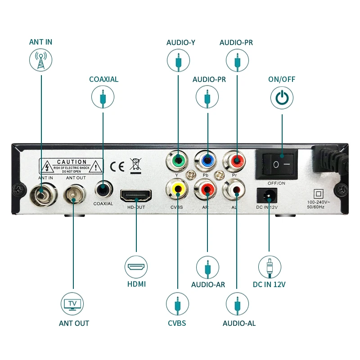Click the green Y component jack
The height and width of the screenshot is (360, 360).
(178, 159)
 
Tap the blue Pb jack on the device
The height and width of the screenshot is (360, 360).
(207, 159)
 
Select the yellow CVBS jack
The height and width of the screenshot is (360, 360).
(178, 189)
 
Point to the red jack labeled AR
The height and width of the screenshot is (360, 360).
(207, 189)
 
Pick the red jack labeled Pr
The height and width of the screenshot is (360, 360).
(236, 159)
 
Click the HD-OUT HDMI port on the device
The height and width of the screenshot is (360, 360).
(135, 195)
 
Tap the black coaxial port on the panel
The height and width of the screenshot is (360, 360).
(103, 189)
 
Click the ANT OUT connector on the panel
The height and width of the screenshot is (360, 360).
(73, 194)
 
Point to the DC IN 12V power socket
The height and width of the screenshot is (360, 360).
(268, 195)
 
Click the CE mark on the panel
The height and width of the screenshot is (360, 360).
(117, 166)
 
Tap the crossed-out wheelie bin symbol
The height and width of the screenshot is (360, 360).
(135, 166)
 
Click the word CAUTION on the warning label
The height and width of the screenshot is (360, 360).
(72, 162)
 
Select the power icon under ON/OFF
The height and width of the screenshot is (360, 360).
(282, 98)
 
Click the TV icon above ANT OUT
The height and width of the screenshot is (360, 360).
(72, 304)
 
